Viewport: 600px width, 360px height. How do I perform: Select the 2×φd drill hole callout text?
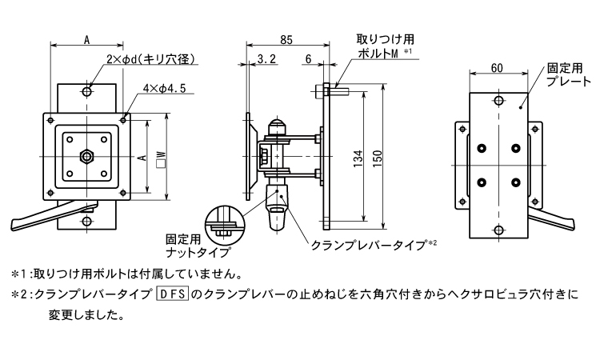150,58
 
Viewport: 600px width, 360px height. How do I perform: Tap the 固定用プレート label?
568,75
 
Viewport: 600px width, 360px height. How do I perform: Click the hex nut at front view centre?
86,154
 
